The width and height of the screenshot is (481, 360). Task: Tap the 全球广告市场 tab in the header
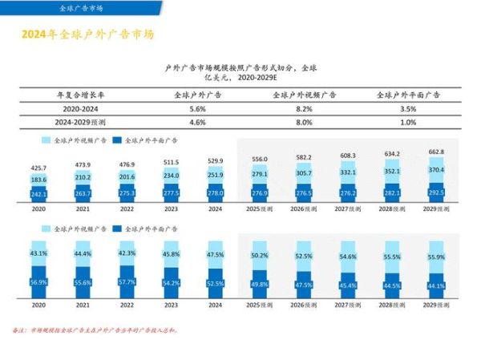81,8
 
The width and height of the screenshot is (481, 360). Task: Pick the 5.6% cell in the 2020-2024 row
198,108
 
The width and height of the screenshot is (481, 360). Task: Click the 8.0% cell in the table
304,123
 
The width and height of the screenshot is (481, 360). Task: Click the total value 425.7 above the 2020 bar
39,168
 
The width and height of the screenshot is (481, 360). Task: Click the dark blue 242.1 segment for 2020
39,194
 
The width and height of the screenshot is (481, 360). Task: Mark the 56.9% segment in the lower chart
39,281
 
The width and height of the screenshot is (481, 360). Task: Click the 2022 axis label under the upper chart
127,208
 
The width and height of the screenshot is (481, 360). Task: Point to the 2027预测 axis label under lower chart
347,305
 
